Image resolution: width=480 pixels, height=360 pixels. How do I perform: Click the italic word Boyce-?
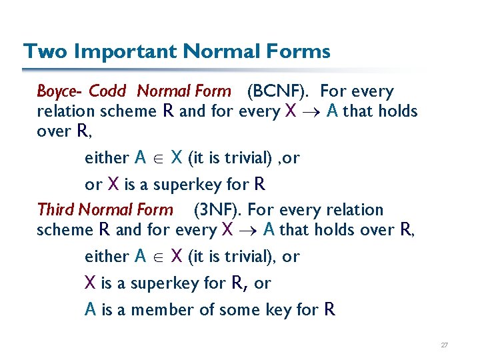click(59, 91)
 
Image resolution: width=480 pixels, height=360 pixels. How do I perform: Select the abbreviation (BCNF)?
click(280, 91)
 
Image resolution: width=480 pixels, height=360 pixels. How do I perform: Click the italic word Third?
click(56, 210)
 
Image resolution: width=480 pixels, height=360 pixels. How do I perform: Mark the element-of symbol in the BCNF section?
click(159, 159)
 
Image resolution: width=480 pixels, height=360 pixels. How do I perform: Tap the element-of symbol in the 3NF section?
click(159, 257)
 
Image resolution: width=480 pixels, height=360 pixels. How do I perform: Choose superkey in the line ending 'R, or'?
click(162, 283)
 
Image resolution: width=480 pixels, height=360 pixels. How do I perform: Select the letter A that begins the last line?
click(91, 310)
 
